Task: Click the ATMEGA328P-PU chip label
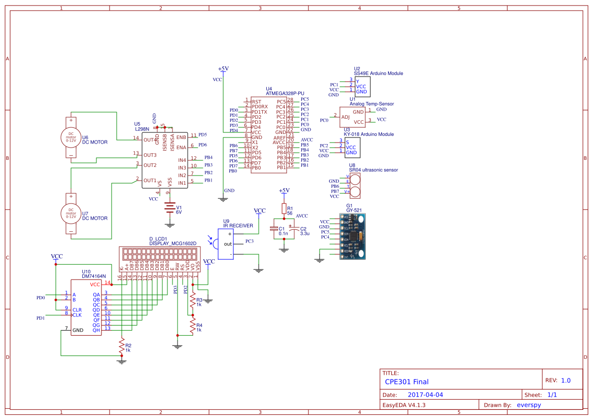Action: pyautogui.click(x=285, y=94)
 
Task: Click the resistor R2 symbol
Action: pyautogui.click(x=121, y=347)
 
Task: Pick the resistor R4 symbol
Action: pyautogui.click(x=192, y=325)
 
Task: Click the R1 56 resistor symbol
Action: pyautogui.click(x=284, y=209)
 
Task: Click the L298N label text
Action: pyautogui.click(x=141, y=129)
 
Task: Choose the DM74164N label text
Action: pyautogui.click(x=93, y=276)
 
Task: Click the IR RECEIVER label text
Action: pyautogui.click(x=237, y=225)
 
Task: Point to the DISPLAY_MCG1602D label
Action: pyautogui.click(x=173, y=243)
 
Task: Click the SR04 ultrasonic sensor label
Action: pyautogui.click(x=373, y=170)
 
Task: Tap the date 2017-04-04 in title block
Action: pyautogui.click(x=425, y=395)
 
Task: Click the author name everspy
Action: pyautogui.click(x=530, y=405)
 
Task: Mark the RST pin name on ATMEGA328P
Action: pyautogui.click(x=256, y=102)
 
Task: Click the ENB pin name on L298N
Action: pyautogui.click(x=181, y=137)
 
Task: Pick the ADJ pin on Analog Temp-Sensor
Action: pyautogui.click(x=345, y=117)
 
